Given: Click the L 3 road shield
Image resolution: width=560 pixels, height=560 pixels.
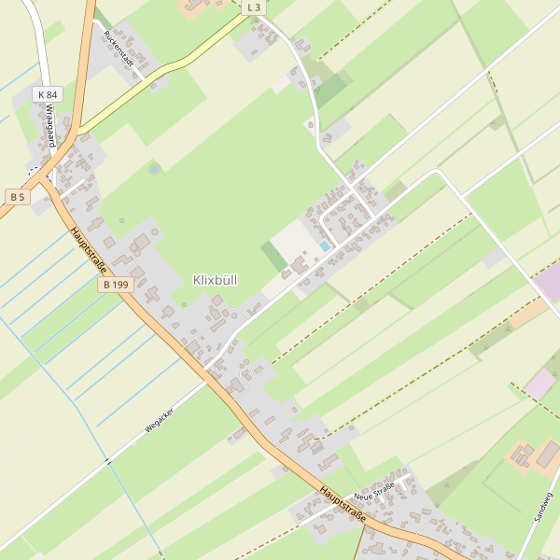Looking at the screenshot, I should point(254,7).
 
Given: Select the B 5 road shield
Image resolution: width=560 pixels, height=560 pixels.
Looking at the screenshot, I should point(17,196).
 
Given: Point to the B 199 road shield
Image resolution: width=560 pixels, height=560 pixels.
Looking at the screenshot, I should point(118,284).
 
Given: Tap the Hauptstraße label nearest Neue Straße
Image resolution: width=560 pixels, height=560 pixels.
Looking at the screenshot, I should point(342,502).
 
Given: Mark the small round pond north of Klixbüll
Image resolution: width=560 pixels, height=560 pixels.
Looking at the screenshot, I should point(154,169).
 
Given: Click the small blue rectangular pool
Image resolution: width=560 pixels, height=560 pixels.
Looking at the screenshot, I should point(324,245).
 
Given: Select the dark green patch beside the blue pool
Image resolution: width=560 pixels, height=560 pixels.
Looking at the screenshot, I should point(273,254).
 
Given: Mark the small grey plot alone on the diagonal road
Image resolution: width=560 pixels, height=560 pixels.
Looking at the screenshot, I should point(494,258).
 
